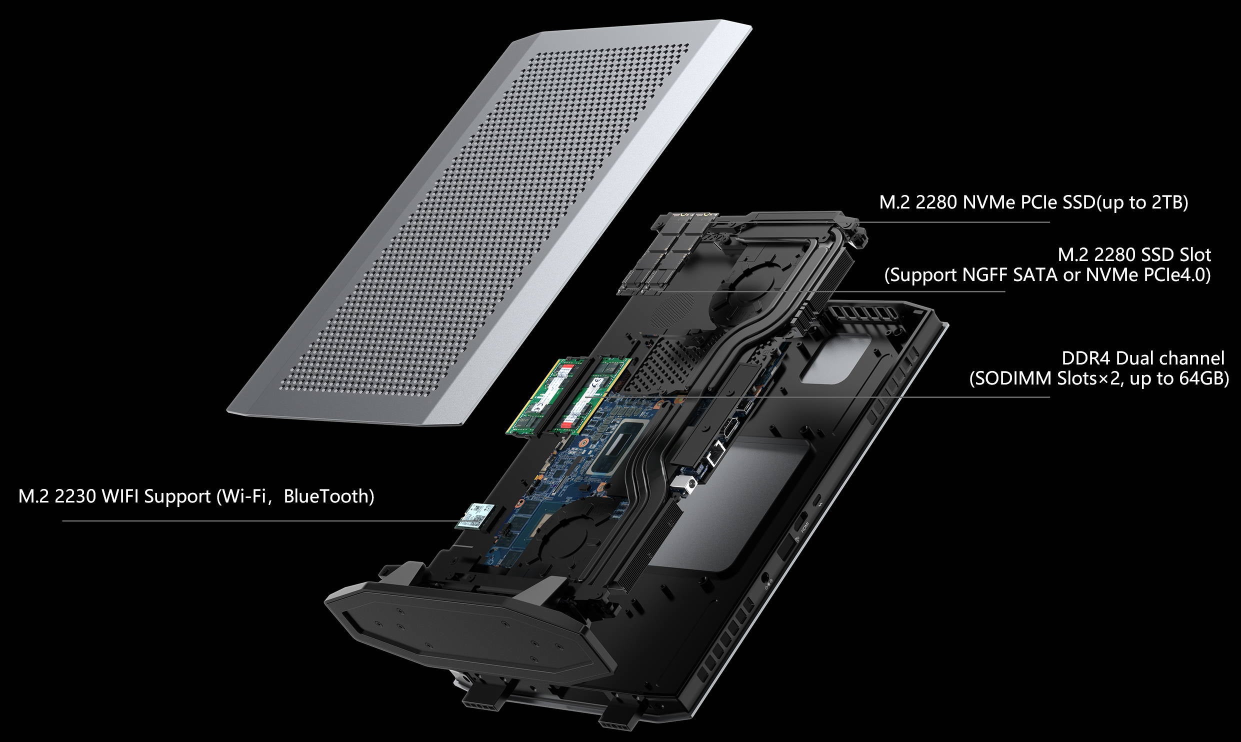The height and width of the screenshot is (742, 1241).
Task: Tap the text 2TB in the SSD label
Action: pos(1167,202)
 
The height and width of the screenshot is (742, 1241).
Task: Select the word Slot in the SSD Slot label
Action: pos(1195,255)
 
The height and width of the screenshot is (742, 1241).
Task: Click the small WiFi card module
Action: pos(474,516)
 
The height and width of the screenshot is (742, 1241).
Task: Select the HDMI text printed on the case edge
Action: pos(805,526)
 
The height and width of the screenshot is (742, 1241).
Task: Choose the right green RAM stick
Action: pos(590,395)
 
